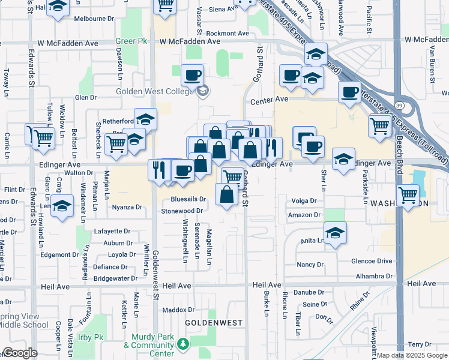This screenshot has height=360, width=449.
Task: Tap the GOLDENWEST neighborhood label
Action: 213,323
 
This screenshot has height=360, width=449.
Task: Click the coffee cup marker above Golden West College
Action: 192,76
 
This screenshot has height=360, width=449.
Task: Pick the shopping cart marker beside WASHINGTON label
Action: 408,194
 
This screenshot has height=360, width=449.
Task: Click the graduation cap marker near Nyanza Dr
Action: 61,206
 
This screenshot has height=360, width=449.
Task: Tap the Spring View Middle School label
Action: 24,320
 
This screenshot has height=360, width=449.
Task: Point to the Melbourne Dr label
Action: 90,19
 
